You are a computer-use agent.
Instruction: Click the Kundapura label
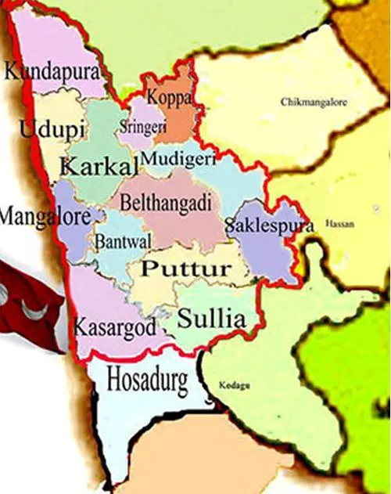click(x=53, y=73)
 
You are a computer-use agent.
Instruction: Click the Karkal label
click(x=99, y=165)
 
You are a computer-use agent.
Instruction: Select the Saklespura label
click(x=269, y=225)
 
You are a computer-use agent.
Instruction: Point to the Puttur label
click(x=186, y=269)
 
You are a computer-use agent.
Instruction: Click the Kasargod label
click(x=114, y=328)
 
